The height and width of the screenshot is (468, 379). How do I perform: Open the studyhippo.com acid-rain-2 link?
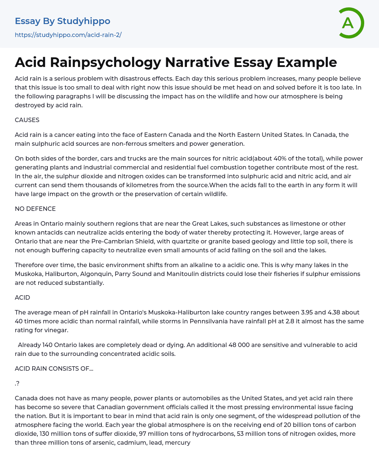click(68, 35)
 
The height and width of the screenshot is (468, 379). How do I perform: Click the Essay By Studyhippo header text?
click(63, 21)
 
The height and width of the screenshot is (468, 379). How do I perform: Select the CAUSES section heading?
click(27, 120)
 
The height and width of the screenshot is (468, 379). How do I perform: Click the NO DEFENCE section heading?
click(35, 209)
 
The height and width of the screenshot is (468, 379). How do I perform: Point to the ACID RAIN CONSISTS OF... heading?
click(54, 368)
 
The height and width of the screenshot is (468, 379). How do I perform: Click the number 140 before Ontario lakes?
click(47, 345)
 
